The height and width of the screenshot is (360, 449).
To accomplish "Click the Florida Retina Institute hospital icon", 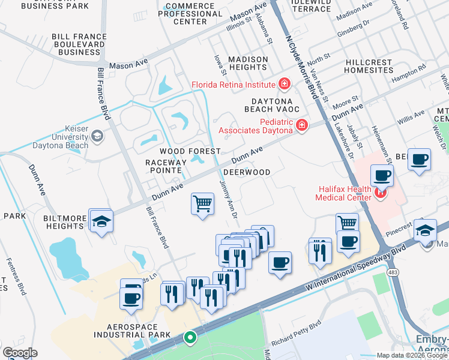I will pyautogui.click(x=284, y=84).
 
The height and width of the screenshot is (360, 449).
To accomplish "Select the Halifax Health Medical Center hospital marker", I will pyautogui.click(x=379, y=193).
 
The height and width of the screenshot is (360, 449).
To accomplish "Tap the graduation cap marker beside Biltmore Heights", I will pyautogui.click(x=101, y=221).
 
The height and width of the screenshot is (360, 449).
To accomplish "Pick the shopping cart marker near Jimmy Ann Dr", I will pyautogui.click(x=203, y=204).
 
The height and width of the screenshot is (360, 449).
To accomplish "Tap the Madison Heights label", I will pyautogui.click(x=247, y=63).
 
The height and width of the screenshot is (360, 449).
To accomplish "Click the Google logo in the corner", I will pyautogui.click(x=20, y=353).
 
